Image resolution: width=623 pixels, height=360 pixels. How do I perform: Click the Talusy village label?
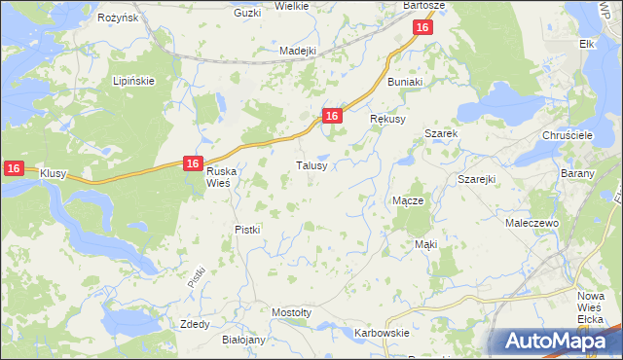(317, 165)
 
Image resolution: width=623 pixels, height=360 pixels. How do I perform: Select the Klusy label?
(53, 172)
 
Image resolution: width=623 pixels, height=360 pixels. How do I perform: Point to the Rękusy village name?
(387, 119)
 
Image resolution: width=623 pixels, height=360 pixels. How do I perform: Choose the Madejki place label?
(298, 51)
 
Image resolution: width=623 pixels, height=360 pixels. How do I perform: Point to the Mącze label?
(407, 200)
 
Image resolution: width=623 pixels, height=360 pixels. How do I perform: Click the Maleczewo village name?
(530, 223)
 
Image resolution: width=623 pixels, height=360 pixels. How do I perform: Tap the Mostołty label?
(291, 312)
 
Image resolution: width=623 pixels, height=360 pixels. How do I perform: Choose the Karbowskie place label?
(382, 333)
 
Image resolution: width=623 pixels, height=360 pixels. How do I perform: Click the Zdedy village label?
(195, 323)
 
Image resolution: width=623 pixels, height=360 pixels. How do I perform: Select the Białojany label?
(243, 341)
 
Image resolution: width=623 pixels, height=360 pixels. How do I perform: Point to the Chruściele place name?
(566, 136)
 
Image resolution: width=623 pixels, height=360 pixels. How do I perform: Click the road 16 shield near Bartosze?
(421, 28)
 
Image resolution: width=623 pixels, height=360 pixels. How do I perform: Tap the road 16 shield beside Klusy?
(13, 168)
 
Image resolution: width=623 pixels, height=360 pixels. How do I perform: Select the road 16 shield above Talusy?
(332, 116)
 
